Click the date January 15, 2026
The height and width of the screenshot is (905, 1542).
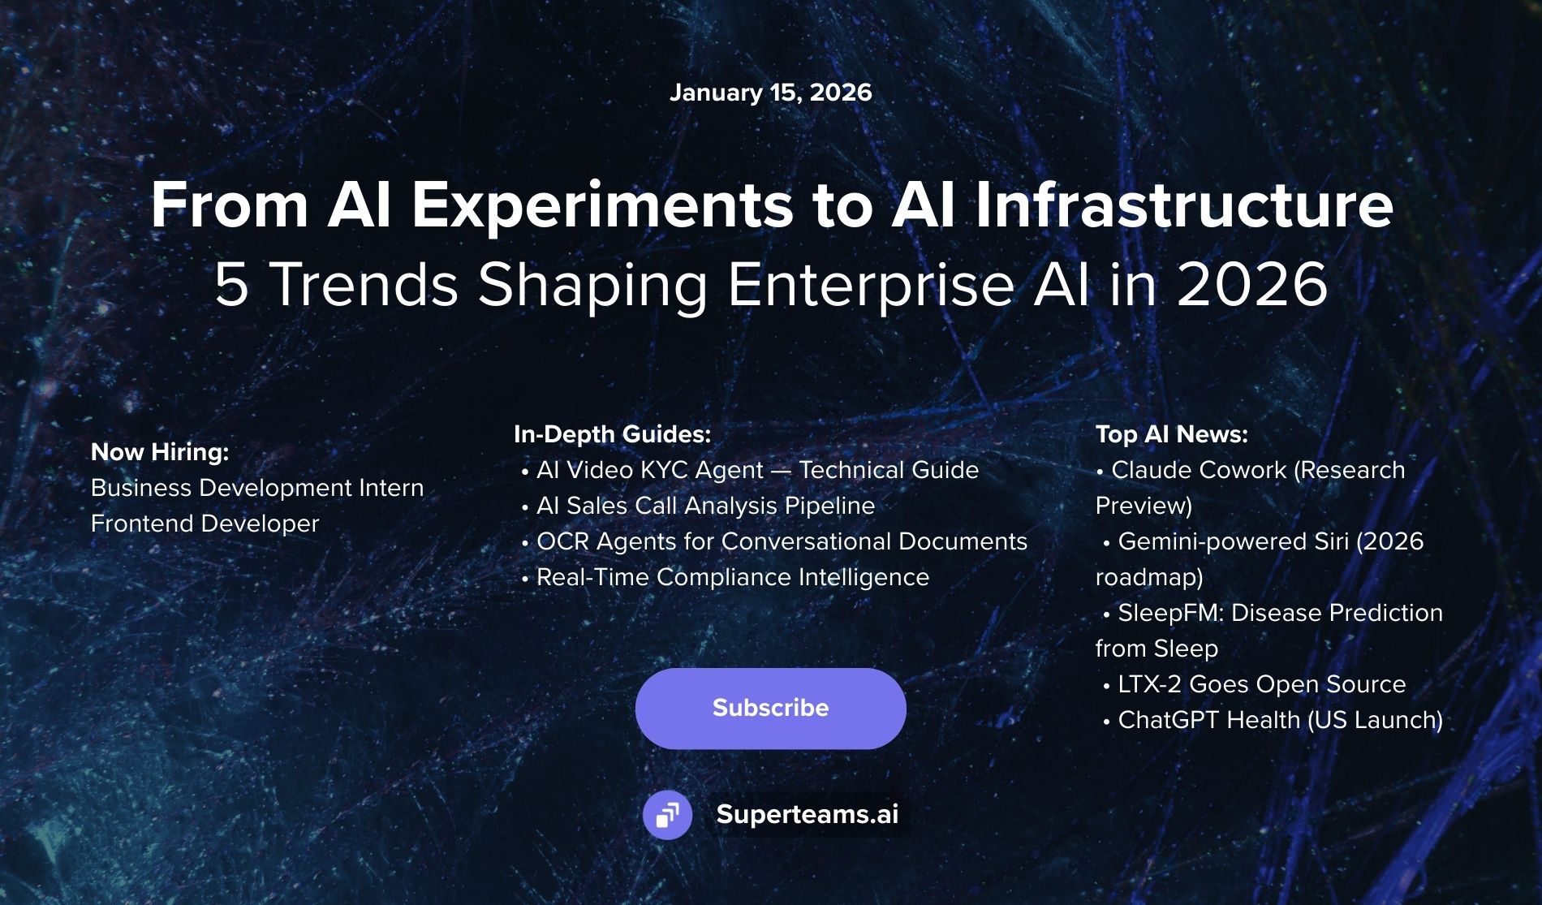770,93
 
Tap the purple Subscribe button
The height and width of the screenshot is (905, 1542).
770,708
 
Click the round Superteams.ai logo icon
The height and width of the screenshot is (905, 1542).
667,814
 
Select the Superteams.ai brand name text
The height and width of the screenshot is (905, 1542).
807,814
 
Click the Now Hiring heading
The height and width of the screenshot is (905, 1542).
160,452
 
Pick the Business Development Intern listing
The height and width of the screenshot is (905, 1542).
257,488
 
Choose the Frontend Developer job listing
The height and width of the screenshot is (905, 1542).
205,524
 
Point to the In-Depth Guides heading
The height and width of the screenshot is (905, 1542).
612,434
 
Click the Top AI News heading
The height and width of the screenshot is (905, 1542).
1171,434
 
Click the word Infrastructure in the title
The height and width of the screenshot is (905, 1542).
1183,206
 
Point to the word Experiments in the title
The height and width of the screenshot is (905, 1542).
602,206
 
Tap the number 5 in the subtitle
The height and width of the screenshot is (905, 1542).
231,286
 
